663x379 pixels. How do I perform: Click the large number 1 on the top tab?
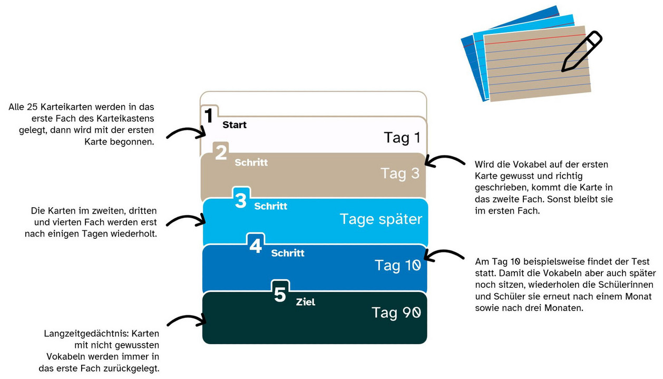209,115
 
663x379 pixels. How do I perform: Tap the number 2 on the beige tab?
221,153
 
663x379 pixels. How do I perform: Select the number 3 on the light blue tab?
241,200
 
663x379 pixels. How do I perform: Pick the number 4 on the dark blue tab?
256,246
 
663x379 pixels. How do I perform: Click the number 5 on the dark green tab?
280,294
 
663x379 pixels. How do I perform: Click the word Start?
235,125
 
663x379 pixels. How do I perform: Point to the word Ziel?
306,302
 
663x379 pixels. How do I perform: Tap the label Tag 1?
402,138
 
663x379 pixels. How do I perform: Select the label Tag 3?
400,173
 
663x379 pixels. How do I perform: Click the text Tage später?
381,219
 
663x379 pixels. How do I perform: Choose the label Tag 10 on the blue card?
398,265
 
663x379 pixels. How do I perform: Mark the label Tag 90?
396,313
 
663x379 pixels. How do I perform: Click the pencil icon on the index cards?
582,51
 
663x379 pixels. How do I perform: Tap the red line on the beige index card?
535,40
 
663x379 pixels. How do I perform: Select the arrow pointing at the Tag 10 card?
444,255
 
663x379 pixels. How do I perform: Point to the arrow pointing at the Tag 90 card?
187,320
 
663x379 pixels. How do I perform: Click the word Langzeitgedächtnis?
86,334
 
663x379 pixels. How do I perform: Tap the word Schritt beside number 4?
288,253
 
